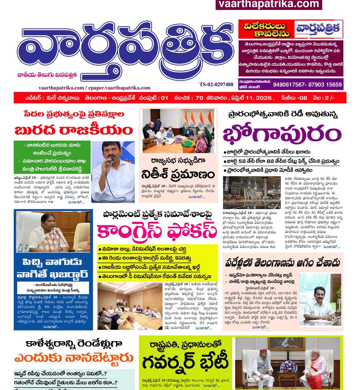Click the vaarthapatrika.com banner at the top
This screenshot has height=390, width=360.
click(268, 4)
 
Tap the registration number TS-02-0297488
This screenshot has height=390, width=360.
click(216, 84)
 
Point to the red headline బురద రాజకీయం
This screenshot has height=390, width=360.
click(74, 130)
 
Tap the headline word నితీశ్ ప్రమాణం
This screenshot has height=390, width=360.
click(178, 174)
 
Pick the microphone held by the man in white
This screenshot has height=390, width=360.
click(109, 162)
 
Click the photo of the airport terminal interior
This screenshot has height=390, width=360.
click(252, 192)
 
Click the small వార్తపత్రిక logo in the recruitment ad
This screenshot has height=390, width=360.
click(319, 29)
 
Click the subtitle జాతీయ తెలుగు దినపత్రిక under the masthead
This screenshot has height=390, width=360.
click(47, 75)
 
